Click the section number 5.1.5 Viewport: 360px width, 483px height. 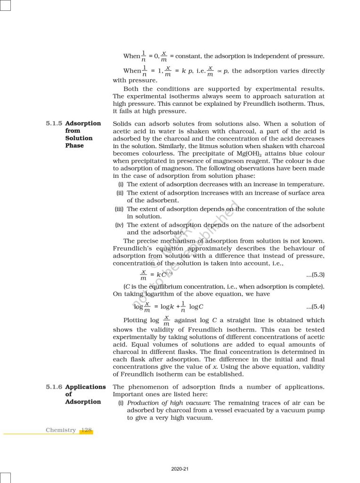tap(54, 124)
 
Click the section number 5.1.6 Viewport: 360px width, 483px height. tap(54, 387)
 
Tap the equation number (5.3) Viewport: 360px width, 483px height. tap(315, 275)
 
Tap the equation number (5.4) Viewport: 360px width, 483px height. tap(315, 307)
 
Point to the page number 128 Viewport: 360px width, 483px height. tap(86, 430)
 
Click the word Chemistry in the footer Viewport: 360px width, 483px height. tap(61, 430)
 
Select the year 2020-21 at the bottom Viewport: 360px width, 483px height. tap(180, 469)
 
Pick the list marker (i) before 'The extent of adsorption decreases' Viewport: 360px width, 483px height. tap(121, 184)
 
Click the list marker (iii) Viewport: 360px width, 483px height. tap(119, 209)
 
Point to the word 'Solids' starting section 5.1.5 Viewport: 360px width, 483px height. tap(123, 124)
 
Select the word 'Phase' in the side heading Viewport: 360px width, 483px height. tap(74, 146)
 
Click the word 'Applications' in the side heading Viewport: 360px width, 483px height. tap(85, 387)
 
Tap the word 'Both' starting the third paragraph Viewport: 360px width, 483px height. tap(131, 89)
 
